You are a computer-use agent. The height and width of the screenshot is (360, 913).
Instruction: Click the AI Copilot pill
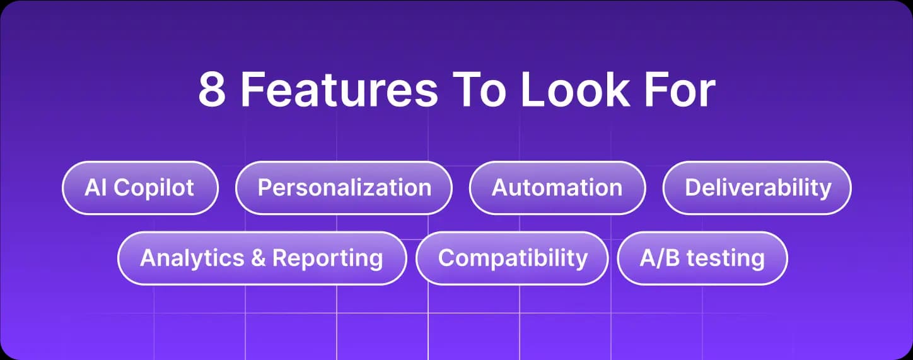[x=140, y=188]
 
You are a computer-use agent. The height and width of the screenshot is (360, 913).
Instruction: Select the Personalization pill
[x=344, y=188]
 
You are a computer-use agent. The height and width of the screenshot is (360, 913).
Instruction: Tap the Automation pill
[x=557, y=188]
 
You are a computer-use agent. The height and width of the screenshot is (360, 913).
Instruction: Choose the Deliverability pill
[x=757, y=188]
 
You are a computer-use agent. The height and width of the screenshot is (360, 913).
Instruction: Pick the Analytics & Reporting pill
[x=262, y=258]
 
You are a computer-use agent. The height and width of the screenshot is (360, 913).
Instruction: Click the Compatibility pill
[x=512, y=258]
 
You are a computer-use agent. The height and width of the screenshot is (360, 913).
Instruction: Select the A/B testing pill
[x=702, y=258]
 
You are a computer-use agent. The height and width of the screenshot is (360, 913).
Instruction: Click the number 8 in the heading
[x=212, y=91]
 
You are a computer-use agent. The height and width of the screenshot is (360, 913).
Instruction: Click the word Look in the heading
[x=574, y=91]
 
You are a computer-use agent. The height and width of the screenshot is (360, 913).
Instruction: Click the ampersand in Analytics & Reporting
[x=258, y=258]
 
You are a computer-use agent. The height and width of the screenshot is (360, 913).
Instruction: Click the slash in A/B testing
[x=658, y=258]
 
